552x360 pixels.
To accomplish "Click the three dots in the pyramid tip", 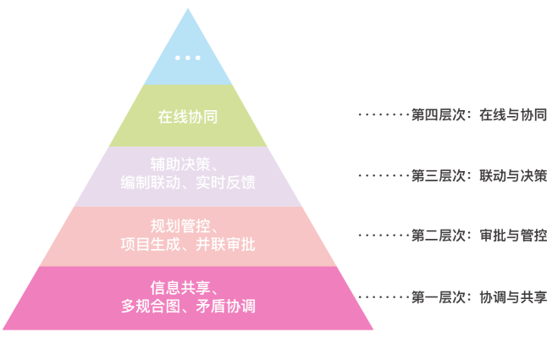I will point(187,58).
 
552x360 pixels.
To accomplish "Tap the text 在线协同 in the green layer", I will point(188,117).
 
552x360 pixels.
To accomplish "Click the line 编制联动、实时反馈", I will point(187,183).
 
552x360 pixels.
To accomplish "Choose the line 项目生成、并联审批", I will point(187,245).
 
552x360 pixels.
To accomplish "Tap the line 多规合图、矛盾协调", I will point(187,307).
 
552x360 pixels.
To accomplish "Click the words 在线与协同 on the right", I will point(513,114).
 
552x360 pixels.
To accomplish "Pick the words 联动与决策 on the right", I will point(513,176).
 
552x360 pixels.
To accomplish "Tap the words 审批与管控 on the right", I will point(513,235).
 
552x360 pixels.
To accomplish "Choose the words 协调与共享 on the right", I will point(513,297).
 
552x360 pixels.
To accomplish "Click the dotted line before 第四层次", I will point(384,114).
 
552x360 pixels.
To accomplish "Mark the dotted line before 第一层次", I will point(384,297).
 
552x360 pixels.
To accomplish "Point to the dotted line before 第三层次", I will point(384,176).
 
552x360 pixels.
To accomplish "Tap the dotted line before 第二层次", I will point(384,235).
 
